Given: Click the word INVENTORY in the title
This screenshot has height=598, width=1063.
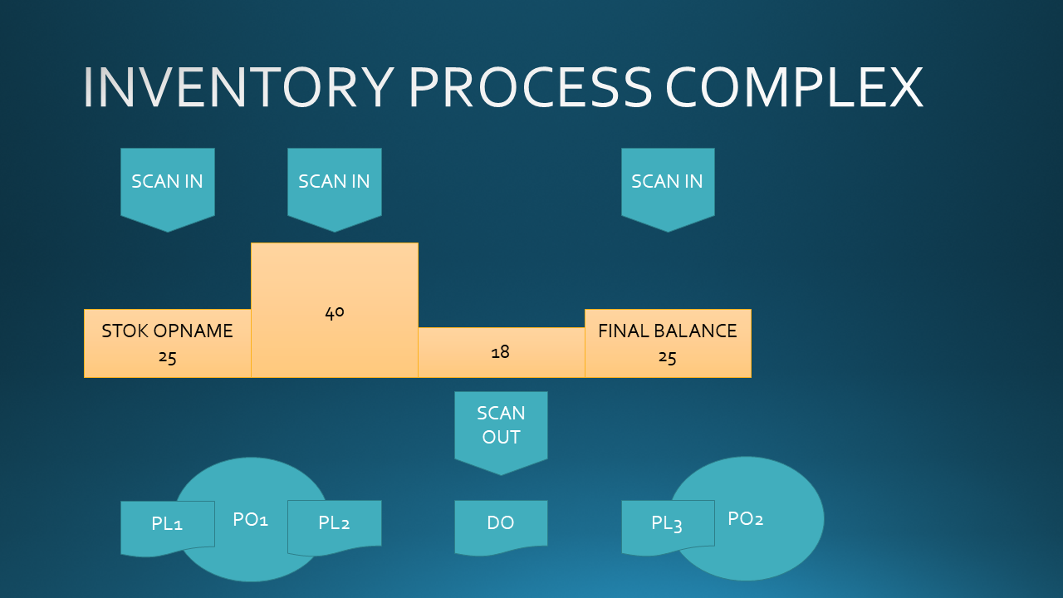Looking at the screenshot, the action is click(x=238, y=87).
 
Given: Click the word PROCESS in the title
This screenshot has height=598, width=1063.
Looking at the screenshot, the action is click(x=531, y=87).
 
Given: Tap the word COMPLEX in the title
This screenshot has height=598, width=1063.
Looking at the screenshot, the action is click(x=795, y=87).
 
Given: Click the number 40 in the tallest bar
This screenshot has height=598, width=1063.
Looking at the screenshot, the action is click(x=335, y=312).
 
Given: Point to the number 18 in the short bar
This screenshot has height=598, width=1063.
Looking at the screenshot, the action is click(x=501, y=352).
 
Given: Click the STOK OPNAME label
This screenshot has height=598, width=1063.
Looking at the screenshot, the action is click(x=168, y=331).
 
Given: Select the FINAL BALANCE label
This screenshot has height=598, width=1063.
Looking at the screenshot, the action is click(x=668, y=331).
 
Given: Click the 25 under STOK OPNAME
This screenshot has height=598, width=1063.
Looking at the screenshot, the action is click(x=168, y=357).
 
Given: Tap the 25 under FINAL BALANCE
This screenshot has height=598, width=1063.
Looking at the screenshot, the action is click(x=667, y=357).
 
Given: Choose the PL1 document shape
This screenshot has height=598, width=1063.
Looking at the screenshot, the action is click(x=168, y=527).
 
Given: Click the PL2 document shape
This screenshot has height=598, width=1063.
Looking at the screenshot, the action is click(x=335, y=527).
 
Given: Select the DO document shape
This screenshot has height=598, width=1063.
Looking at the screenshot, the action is click(x=501, y=527).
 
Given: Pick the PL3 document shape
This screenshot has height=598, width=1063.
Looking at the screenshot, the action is click(x=669, y=527).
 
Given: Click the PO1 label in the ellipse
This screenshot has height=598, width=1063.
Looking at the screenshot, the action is click(x=251, y=519).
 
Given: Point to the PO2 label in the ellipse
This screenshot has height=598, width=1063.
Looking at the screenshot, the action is click(x=746, y=519).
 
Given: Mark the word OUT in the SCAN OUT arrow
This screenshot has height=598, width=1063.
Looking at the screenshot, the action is click(x=501, y=437).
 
